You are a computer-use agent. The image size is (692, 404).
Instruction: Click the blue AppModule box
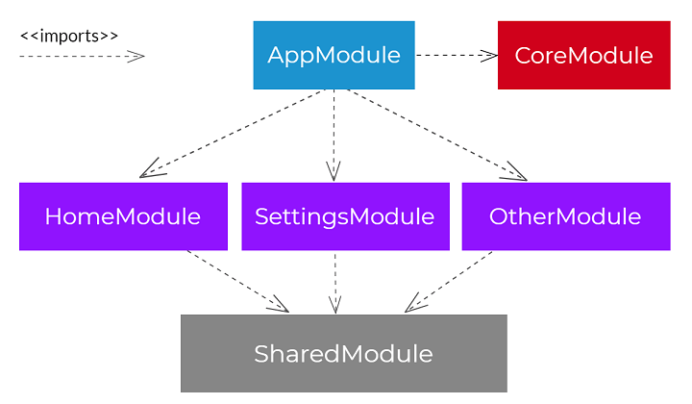point(334,55)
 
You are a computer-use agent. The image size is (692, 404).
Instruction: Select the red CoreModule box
point(583,55)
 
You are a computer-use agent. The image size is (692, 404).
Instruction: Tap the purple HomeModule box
point(123,216)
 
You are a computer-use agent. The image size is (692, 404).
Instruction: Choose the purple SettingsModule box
point(344,216)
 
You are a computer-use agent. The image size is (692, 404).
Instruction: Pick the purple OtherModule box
point(564,216)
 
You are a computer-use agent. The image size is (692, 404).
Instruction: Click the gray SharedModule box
point(343,353)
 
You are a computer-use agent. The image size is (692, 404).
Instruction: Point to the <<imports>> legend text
point(69,36)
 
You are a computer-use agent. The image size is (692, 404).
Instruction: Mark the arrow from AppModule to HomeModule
point(235,134)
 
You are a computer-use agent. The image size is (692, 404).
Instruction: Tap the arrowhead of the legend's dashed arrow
point(136,56)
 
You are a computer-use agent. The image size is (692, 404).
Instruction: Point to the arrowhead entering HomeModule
point(150,172)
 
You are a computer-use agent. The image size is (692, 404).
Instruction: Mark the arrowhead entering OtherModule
point(516,174)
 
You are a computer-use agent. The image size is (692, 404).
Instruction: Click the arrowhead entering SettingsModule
point(334,172)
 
